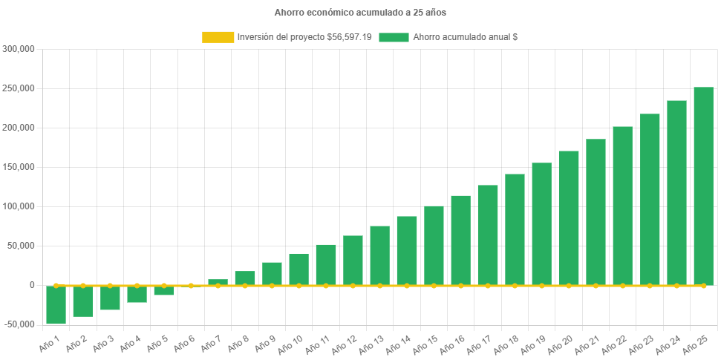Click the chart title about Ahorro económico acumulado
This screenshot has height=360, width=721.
coord(360,13)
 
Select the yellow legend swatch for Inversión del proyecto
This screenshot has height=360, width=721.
coord(218,37)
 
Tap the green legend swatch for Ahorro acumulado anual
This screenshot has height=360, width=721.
coord(394,37)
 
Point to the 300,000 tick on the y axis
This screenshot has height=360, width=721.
coord(19,49)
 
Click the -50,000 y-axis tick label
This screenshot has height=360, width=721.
coord(19,324)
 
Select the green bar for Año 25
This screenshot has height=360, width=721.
coord(703,186)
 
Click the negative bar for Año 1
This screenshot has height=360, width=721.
coord(56,304)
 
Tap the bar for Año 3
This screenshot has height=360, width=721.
coord(110,298)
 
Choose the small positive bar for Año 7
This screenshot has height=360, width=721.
coord(218,282)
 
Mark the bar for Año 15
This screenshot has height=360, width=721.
coord(434,245)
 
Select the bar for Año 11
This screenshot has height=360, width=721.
coord(326,264)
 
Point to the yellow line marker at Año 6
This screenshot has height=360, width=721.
coord(191,285)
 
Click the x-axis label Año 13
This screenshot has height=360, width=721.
coord(371,344)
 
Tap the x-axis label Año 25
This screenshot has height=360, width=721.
coord(695,344)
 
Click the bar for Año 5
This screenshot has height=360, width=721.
coord(164,290)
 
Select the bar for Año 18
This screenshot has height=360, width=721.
coord(515,229)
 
